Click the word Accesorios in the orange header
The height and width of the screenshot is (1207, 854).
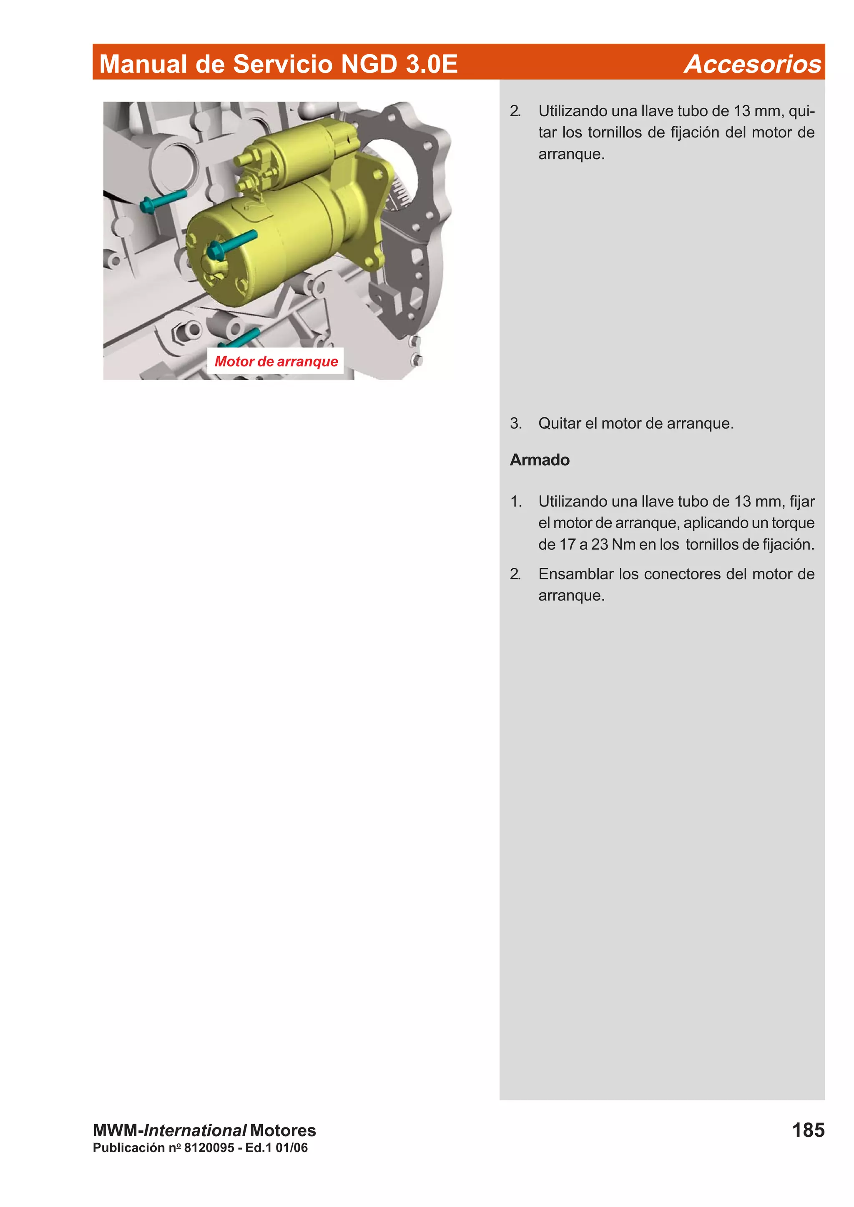[752, 64]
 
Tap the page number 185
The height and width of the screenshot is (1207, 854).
[808, 1129]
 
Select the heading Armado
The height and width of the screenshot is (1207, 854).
[539, 460]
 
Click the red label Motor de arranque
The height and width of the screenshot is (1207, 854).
[276, 361]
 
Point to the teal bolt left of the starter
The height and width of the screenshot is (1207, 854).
[163, 201]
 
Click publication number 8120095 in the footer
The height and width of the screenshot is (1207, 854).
[208, 1147]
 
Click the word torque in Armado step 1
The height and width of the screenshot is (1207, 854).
[792, 523]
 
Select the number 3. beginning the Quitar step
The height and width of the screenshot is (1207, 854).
[516, 423]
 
